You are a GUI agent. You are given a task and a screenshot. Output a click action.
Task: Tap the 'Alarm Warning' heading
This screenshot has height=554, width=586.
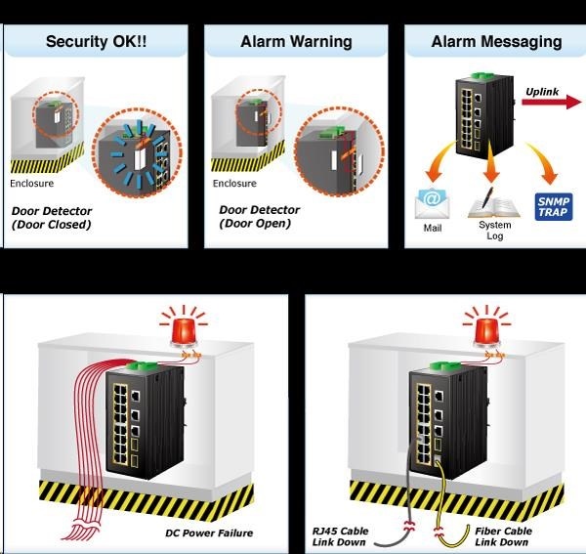click(296, 41)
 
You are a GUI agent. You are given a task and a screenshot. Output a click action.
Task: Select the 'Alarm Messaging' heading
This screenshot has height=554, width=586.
click(496, 41)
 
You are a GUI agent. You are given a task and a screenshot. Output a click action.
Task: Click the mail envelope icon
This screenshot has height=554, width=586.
click(432, 203)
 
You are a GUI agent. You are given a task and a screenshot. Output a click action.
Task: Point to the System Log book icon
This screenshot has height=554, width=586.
click(493, 202)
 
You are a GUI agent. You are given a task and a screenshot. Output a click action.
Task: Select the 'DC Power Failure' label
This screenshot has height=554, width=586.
click(209, 533)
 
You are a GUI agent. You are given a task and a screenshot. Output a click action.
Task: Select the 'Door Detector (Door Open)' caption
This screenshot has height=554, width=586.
click(255, 216)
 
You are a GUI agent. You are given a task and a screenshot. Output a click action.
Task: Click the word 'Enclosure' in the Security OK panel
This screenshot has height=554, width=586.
click(32, 183)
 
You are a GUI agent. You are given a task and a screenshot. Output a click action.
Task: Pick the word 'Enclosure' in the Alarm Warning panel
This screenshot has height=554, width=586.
click(234, 183)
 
